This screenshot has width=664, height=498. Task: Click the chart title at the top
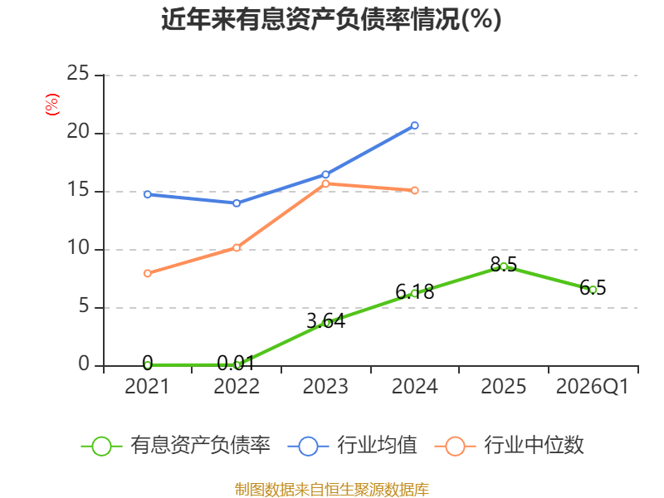(331, 19)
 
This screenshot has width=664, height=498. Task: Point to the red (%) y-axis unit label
(52, 105)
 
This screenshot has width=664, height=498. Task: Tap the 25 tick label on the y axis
(78, 73)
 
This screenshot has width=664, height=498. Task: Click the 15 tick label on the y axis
(78, 190)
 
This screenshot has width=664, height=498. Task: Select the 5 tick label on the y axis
(84, 305)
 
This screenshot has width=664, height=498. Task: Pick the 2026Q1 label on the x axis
(593, 386)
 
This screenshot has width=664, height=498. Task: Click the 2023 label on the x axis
(325, 386)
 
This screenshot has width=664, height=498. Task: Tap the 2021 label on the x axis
(147, 386)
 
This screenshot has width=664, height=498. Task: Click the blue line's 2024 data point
(414, 125)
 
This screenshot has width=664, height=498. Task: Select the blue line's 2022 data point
(237, 203)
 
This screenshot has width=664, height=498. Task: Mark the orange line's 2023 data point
(325, 183)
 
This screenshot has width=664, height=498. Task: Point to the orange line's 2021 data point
(148, 274)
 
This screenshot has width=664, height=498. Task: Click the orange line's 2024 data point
(414, 191)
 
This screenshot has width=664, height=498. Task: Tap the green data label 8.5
(504, 265)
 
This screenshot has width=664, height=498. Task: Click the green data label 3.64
(325, 321)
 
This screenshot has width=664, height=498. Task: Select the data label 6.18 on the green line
(414, 291)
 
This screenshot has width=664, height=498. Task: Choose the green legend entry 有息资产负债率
(176, 446)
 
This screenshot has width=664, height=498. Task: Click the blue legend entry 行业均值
(352, 446)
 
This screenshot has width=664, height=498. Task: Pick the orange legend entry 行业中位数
(510, 446)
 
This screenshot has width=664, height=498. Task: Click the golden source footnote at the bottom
(331, 490)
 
